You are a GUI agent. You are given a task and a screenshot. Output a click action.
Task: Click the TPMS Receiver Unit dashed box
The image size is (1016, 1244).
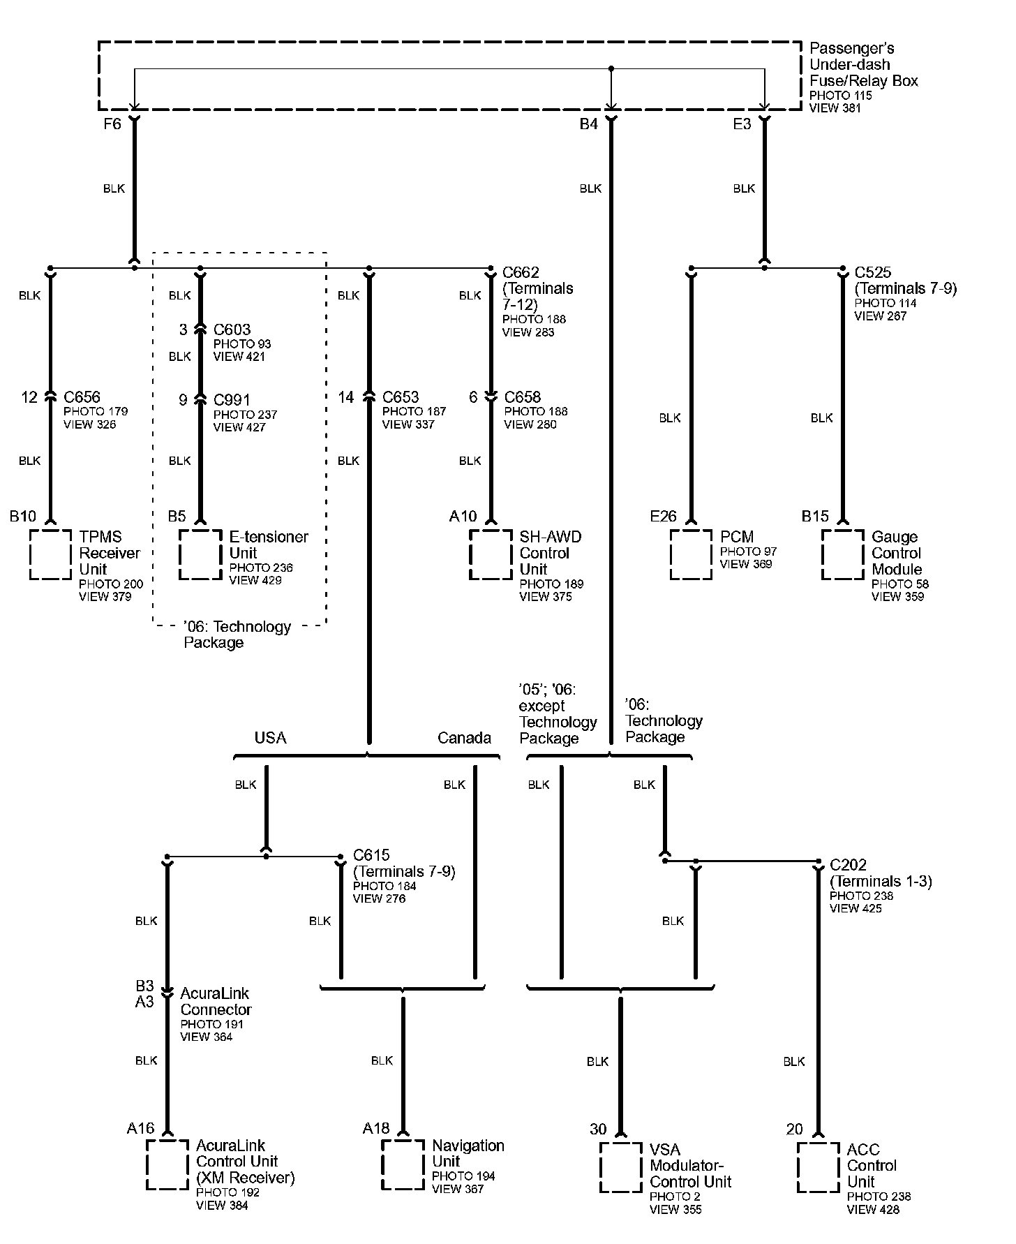pyautogui.click(x=50, y=554)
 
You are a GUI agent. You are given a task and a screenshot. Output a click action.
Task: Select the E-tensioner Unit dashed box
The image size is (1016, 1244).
pyautogui.click(x=200, y=554)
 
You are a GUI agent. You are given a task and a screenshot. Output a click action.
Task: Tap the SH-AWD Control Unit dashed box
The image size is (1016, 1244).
pyautogui.click(x=491, y=554)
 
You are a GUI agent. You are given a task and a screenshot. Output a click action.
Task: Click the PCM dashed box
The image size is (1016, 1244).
pyautogui.click(x=691, y=554)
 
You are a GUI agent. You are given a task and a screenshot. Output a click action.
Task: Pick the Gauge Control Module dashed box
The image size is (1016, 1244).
pyautogui.click(x=842, y=554)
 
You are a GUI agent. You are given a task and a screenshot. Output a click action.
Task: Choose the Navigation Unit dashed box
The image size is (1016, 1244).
pyautogui.click(x=403, y=1165)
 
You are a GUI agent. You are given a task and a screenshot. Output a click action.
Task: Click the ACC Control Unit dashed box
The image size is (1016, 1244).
pyautogui.click(x=818, y=1168)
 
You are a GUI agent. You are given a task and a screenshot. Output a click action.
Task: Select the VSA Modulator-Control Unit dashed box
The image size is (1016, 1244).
pyautogui.click(x=620, y=1168)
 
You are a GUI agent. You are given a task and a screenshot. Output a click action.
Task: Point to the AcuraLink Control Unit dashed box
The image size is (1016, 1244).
pyautogui.click(x=167, y=1165)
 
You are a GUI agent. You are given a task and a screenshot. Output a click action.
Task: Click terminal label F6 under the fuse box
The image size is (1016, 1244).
pyautogui.click(x=112, y=124)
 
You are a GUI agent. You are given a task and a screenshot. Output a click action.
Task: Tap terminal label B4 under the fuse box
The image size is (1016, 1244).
pyautogui.click(x=589, y=124)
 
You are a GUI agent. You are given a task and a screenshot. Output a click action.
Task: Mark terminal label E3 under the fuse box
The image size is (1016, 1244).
pyautogui.click(x=742, y=124)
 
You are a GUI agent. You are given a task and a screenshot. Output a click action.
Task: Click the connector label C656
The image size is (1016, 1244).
pyautogui.click(x=82, y=397)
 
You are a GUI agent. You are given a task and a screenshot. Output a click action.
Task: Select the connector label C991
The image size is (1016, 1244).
pyautogui.click(x=232, y=400)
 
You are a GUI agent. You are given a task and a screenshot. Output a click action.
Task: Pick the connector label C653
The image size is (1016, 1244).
pyautogui.click(x=401, y=397)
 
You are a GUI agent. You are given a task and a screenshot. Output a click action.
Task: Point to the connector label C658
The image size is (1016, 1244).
pyautogui.click(x=523, y=397)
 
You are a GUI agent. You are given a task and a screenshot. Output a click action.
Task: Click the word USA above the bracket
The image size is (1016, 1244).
pyautogui.click(x=270, y=738)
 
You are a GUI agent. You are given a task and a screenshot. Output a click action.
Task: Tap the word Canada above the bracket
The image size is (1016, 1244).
pyautogui.click(x=464, y=738)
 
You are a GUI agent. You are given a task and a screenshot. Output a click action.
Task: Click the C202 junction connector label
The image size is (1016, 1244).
pyautogui.click(x=848, y=865)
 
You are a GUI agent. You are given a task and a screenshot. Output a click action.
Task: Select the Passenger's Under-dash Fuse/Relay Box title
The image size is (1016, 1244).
pyautogui.click(x=863, y=64)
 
